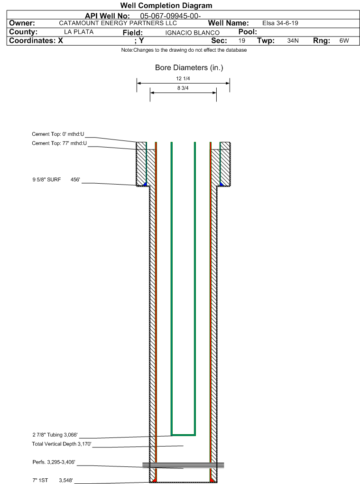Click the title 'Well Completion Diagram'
(x=166, y=6)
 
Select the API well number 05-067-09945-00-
(x=170, y=16)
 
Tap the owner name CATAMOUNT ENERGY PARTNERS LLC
(x=118, y=23)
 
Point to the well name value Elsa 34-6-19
(x=280, y=23)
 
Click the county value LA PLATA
(x=79, y=32)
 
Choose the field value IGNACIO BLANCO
(x=192, y=33)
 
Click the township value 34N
(x=293, y=41)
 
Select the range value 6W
(x=344, y=41)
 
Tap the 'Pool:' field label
(x=248, y=32)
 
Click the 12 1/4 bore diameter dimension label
(x=183, y=79)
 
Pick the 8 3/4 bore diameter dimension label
(x=183, y=88)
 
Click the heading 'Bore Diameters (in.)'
(x=189, y=67)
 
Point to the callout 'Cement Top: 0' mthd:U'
(x=58, y=134)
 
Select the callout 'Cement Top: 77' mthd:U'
(x=59, y=143)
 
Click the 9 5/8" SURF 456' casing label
(x=56, y=180)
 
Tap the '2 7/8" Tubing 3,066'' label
(x=55, y=435)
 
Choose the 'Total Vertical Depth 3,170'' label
(x=62, y=444)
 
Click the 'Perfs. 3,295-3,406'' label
(x=54, y=462)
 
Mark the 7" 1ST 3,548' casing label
(x=53, y=480)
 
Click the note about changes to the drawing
(x=184, y=50)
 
